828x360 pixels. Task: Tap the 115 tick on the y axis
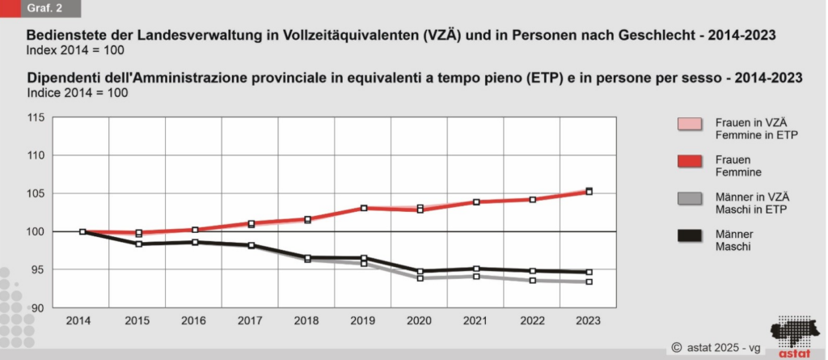tap(36, 117)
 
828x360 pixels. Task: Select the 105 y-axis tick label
tap(36, 193)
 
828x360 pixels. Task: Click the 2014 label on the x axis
tap(78, 320)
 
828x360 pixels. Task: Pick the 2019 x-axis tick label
tap(363, 320)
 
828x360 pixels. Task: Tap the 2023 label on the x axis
tap(589, 320)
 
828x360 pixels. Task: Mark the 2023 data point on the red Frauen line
tap(589, 192)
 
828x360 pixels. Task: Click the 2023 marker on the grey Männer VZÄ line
tap(589, 282)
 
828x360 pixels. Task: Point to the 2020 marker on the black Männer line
tap(420, 272)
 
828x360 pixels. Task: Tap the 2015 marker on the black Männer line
tap(139, 244)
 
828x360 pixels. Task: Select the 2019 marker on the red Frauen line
tap(364, 208)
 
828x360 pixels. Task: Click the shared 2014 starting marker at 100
tap(82, 231)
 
